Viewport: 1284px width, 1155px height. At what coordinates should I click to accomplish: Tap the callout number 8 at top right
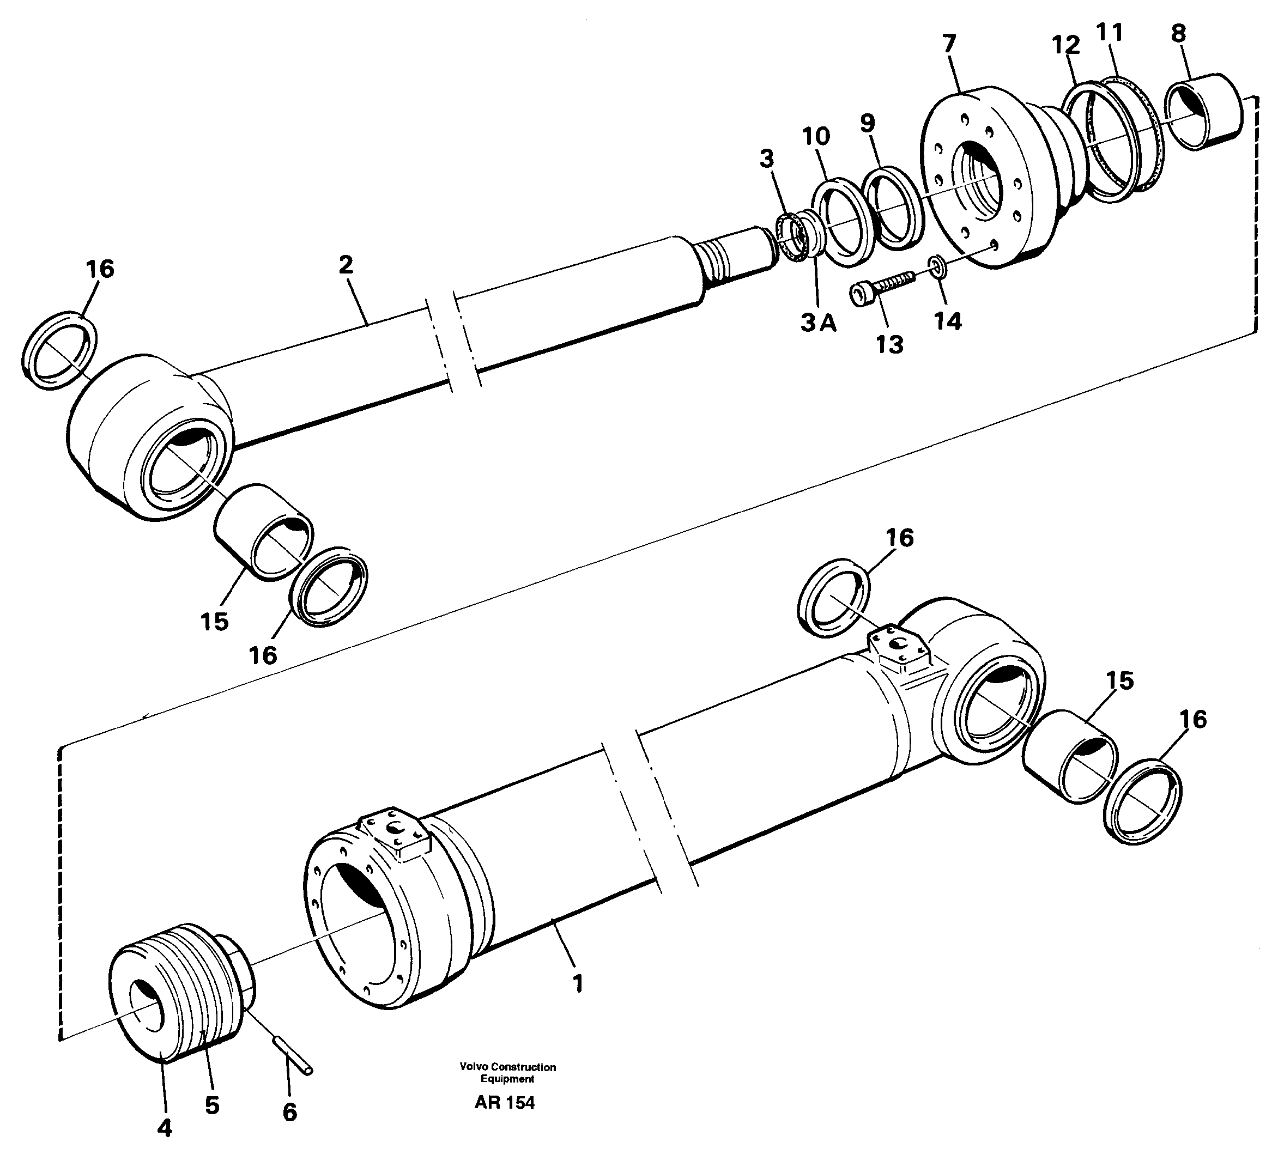coord(1179,34)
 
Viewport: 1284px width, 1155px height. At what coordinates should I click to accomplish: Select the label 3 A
coord(818,324)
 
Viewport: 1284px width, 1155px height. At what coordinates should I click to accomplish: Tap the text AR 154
coord(505,1121)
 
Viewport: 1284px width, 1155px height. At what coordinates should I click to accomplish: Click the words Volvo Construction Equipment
coord(508,1090)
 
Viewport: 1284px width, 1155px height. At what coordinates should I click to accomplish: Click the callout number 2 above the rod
coord(346,265)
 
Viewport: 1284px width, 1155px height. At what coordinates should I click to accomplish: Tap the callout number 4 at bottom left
coord(165,1128)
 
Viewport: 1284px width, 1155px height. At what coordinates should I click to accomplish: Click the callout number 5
coord(212,1105)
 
